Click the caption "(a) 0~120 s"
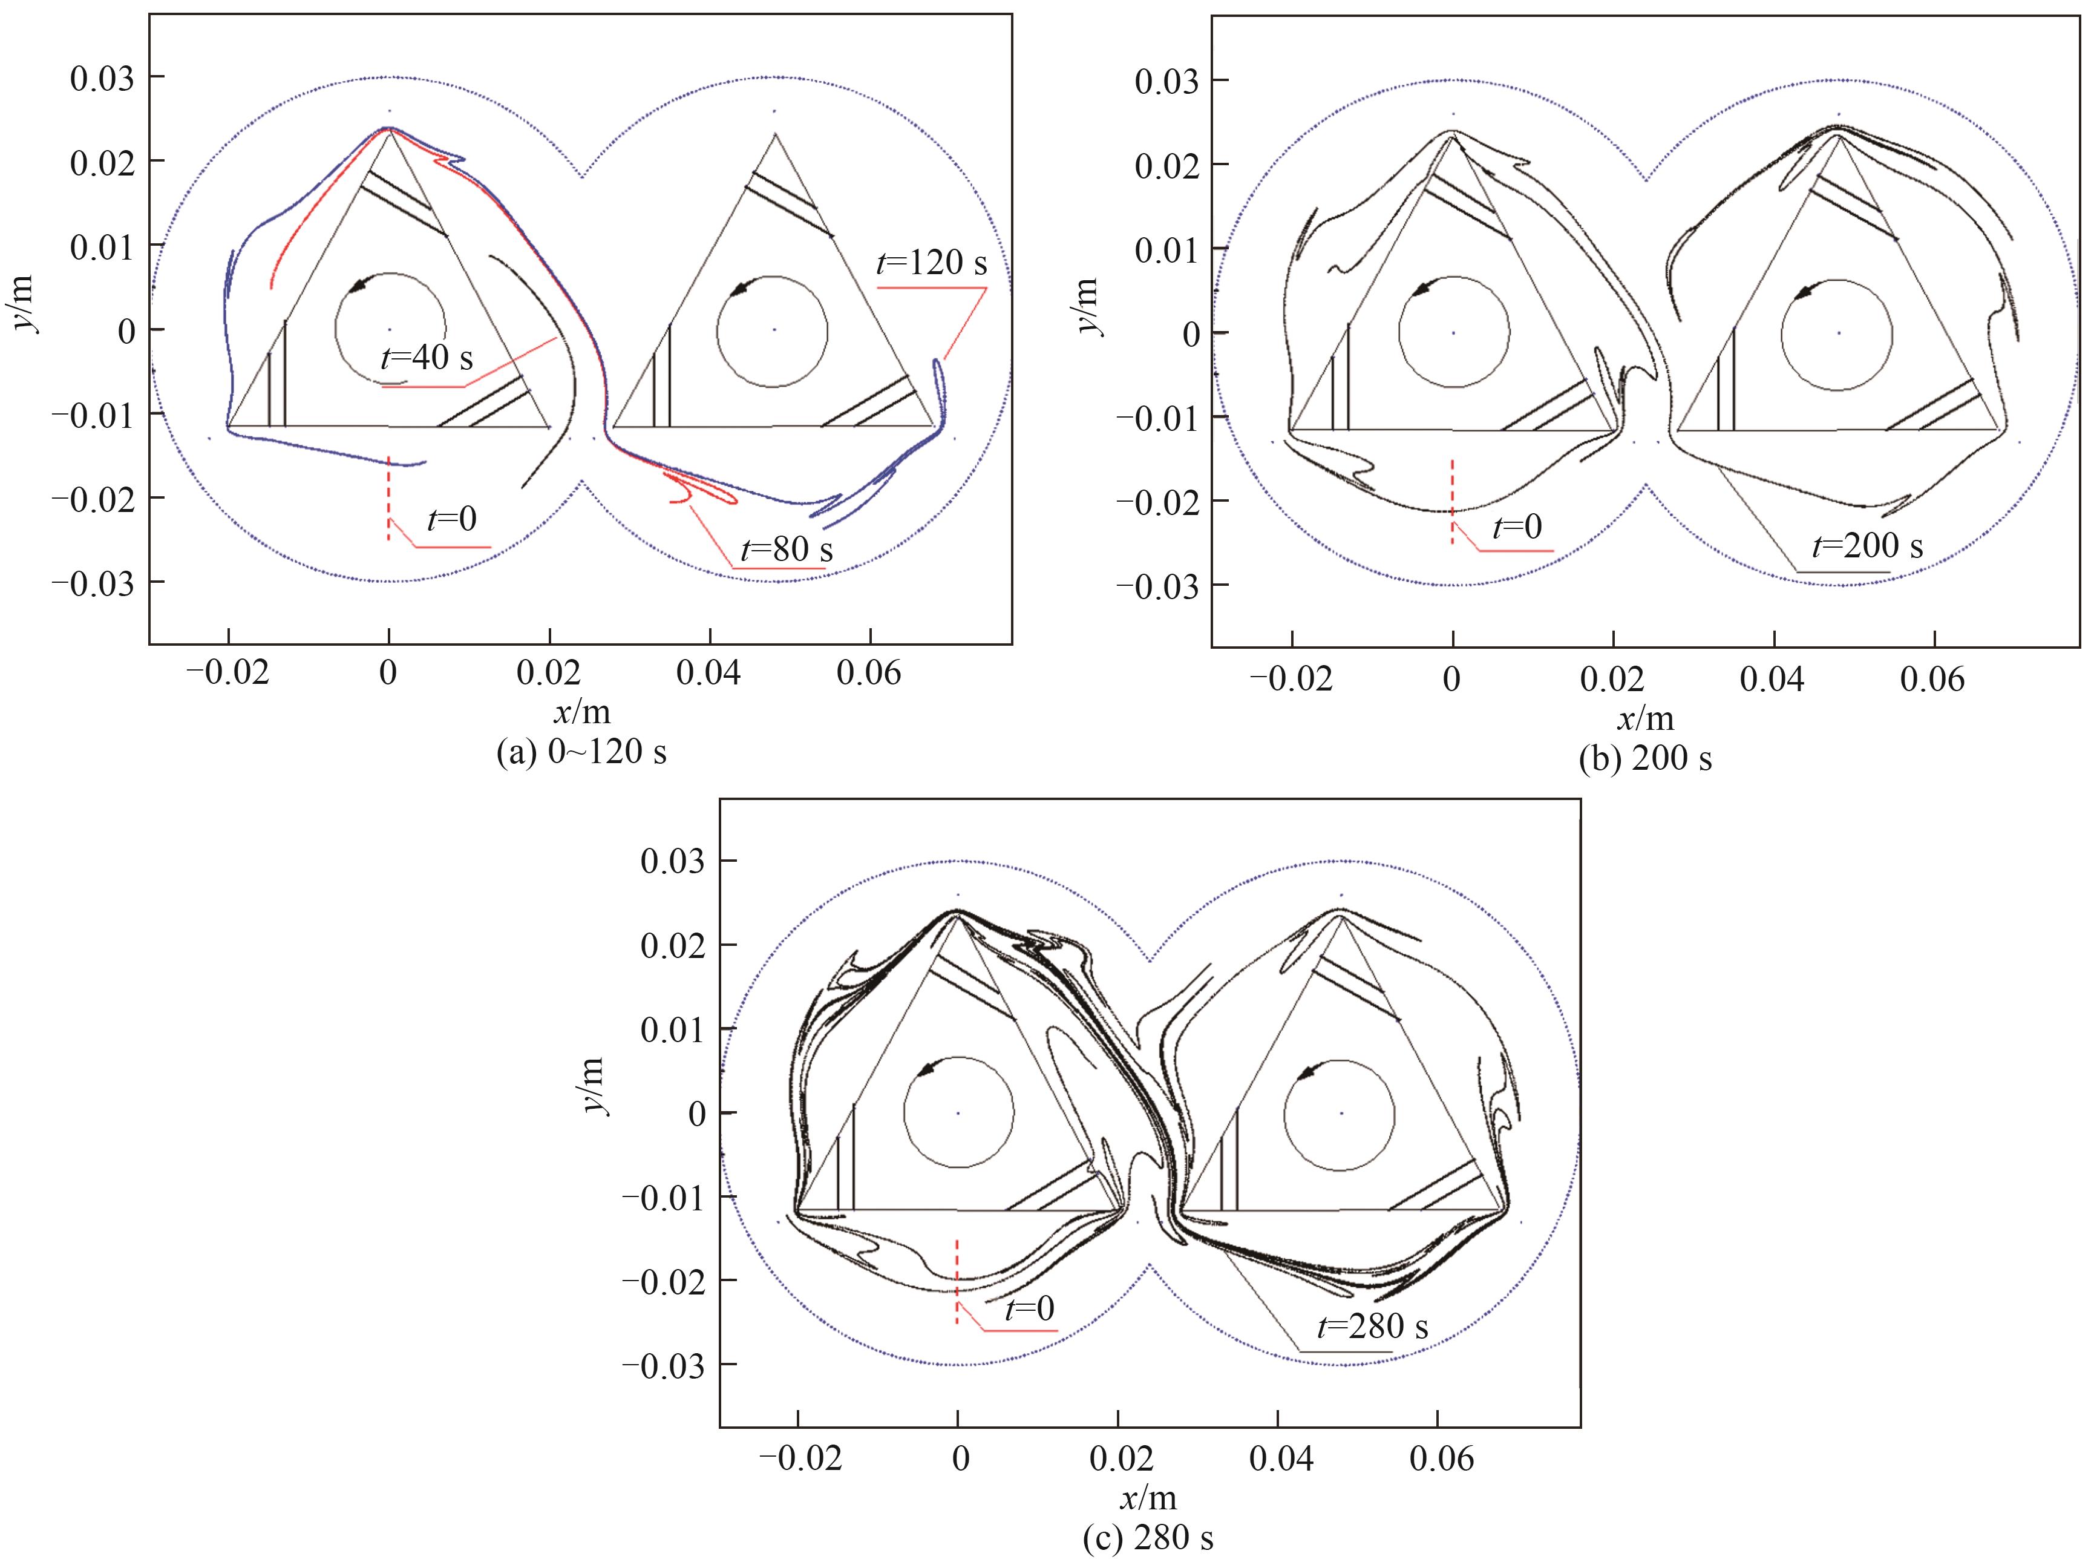581,752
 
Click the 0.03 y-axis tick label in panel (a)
102,77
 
